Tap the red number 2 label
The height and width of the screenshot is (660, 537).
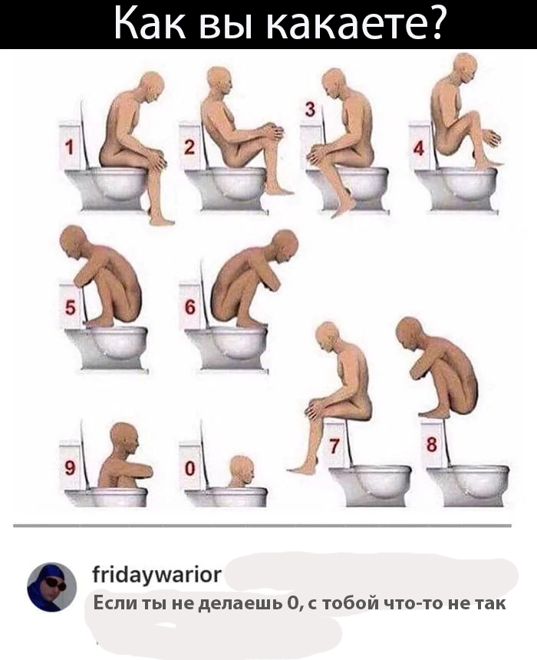(x=189, y=148)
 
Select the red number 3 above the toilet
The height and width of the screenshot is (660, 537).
(x=309, y=110)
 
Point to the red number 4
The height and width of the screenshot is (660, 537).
(x=419, y=148)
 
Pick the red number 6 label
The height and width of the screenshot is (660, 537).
(x=189, y=309)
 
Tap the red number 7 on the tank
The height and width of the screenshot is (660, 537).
(x=334, y=446)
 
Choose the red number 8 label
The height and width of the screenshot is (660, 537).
(x=432, y=445)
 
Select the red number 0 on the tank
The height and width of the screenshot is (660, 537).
(x=189, y=468)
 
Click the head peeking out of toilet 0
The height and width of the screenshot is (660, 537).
(x=242, y=471)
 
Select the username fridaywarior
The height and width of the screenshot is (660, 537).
(x=156, y=575)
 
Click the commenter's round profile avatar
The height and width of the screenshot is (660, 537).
(x=51, y=588)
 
